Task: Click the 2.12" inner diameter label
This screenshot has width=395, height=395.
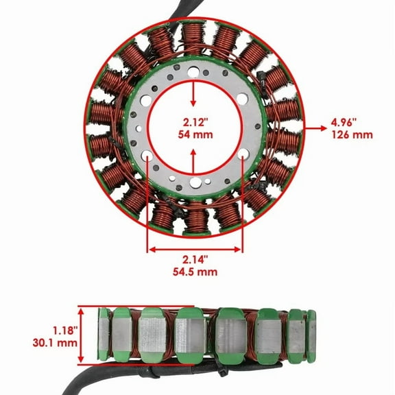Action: tap(195, 123)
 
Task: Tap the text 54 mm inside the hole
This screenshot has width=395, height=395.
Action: tap(195, 136)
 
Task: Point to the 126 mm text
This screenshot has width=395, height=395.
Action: tap(351, 134)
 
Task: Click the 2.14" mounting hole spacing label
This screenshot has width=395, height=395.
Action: tap(195, 259)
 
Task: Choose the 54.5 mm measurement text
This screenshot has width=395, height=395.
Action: tap(195, 272)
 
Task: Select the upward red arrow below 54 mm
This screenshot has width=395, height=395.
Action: tap(195, 163)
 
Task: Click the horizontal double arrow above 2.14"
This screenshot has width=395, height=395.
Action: tap(195, 248)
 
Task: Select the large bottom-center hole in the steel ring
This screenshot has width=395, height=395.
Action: tap(196, 182)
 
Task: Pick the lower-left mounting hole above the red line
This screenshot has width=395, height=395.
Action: tap(148, 164)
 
